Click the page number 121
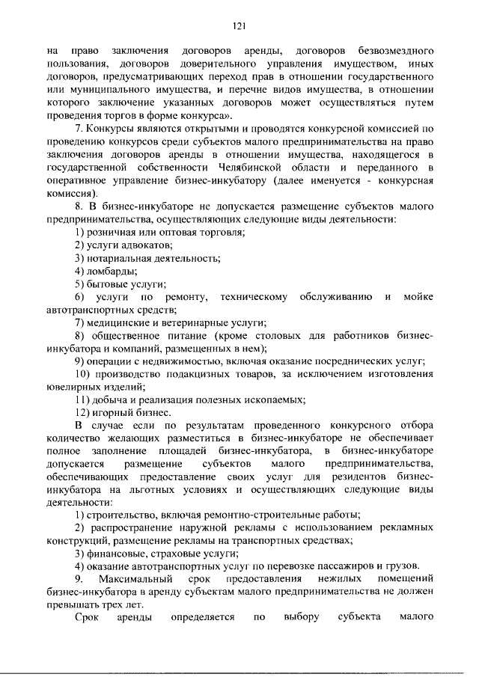click(239, 25)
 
